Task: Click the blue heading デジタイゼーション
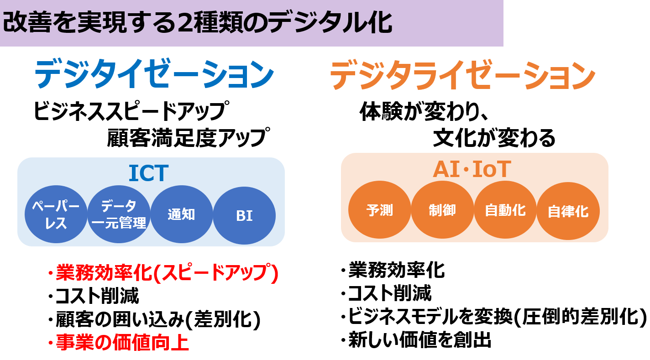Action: [154, 74]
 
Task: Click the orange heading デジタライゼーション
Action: [462, 75]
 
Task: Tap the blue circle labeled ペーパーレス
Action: [56, 214]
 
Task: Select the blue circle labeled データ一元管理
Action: [119, 214]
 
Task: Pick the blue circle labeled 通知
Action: [182, 214]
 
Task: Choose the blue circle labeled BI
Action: [244, 215]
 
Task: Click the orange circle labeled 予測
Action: [380, 210]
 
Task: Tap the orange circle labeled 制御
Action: [442, 210]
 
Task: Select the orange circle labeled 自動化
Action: [505, 210]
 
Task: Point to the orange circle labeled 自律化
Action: [568, 211]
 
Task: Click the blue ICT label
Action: [148, 173]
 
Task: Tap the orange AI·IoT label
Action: [472, 169]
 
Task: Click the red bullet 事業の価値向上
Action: [118, 343]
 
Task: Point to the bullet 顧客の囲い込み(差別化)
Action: [154, 320]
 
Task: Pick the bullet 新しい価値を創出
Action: [416, 339]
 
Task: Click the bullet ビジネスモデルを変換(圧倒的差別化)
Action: [493, 316]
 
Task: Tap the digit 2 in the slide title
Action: [186, 24]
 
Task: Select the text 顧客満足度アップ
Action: [189, 137]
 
